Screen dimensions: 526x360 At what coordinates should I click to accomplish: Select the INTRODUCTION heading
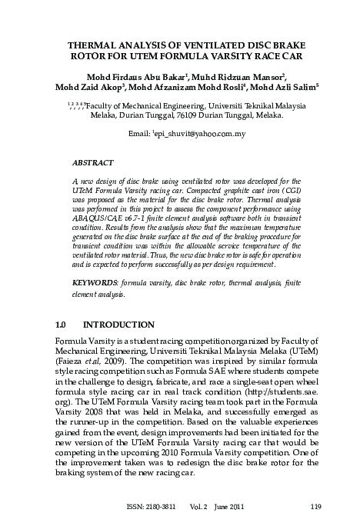point(121,325)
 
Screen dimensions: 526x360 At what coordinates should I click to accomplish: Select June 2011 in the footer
point(251,506)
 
